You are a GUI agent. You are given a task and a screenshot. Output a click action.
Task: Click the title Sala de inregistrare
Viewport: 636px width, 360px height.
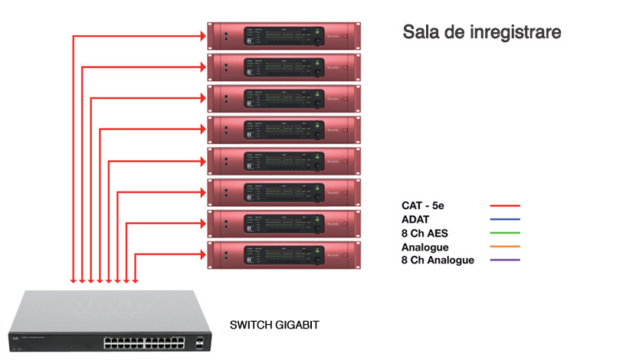pos(482,33)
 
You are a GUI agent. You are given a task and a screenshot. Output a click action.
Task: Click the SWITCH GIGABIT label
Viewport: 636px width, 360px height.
pos(274,326)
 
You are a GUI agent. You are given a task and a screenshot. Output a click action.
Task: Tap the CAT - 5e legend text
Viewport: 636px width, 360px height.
pos(427,205)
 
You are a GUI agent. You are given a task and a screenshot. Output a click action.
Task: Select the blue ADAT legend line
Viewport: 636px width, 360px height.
pos(505,219)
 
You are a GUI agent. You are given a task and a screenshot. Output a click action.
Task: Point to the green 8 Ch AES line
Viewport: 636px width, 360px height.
pos(505,233)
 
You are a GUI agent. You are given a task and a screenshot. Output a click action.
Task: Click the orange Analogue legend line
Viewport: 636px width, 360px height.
pos(505,247)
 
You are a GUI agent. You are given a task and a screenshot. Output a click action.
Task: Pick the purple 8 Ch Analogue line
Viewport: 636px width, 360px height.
pos(505,260)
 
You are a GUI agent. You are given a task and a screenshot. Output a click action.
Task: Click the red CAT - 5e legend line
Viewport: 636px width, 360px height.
pos(505,205)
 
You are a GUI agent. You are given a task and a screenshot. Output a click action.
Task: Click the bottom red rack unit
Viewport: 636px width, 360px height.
pos(284,254)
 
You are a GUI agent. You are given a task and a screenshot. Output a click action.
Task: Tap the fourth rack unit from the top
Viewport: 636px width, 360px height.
pos(284,129)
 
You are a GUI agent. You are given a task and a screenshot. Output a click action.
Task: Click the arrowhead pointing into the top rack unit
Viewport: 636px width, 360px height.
pos(203,35)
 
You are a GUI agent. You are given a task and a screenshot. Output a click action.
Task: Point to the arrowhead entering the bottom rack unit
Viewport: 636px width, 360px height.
pos(203,254)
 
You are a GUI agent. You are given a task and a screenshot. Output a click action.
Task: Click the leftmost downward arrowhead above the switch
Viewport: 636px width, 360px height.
pos(73,280)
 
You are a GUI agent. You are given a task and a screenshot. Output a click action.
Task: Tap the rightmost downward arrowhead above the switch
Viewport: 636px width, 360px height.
pos(136,280)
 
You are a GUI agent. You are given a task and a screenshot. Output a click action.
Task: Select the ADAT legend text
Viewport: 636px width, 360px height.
pos(416,219)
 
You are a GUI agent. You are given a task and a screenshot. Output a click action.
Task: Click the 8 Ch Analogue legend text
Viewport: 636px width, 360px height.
pos(438,260)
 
